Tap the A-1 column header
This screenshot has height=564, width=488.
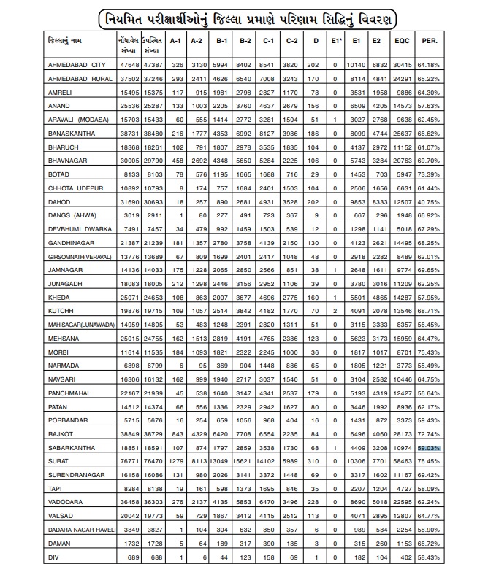click(175, 41)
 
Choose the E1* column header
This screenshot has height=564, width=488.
click(334, 41)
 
